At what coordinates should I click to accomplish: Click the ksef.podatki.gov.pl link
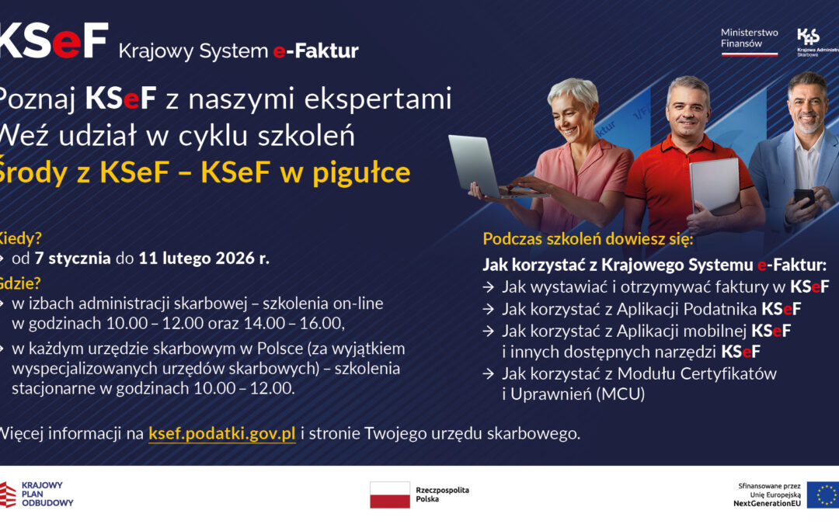[221, 433]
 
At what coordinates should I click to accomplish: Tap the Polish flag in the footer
[390, 495]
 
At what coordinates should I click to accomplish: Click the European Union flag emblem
[822, 495]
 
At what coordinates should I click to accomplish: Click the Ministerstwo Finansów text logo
[749, 38]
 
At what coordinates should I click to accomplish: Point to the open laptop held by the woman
[475, 165]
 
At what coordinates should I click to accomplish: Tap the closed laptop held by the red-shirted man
[714, 186]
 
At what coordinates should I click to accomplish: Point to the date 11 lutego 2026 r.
[204, 259]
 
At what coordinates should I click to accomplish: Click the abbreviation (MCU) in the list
[620, 394]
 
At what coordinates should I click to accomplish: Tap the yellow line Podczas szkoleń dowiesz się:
[587, 238]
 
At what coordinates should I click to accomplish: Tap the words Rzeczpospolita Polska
[442, 495]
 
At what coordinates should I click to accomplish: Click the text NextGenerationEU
[767, 503]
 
